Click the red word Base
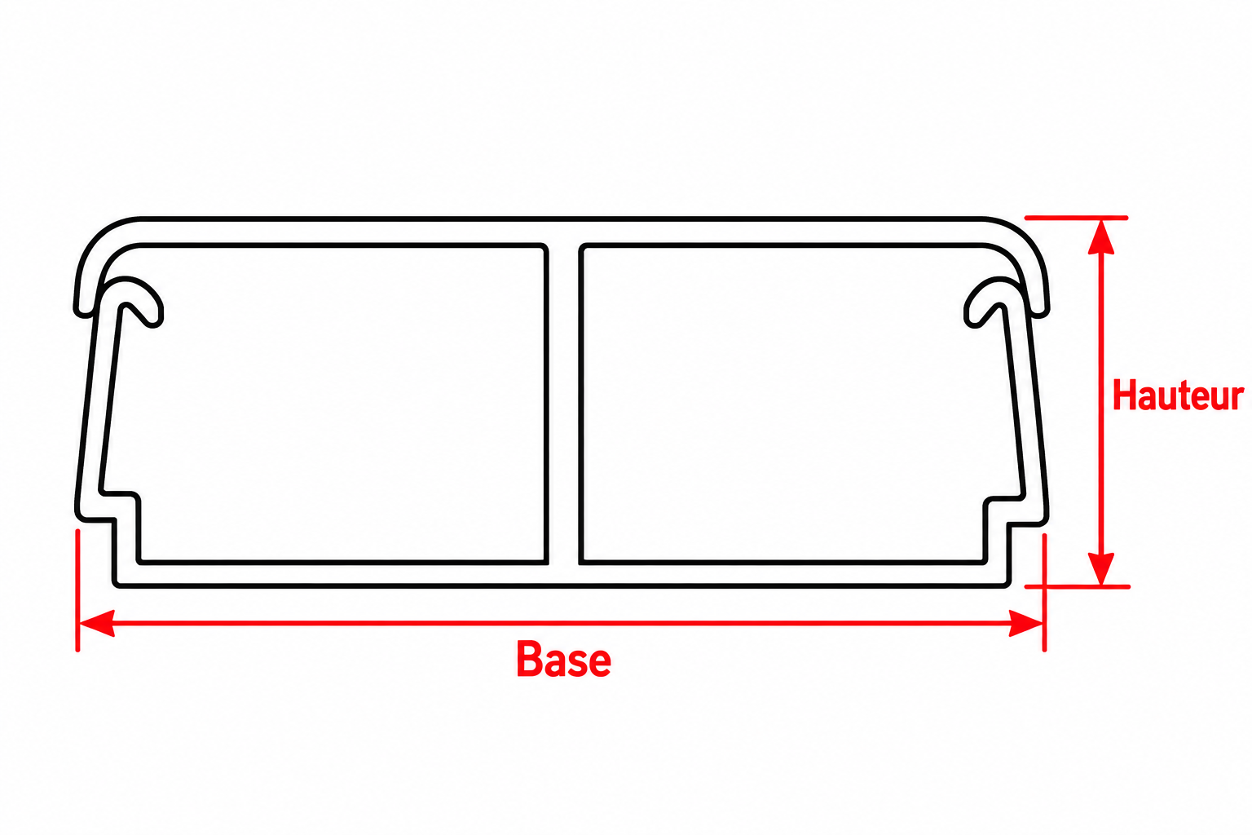click(x=563, y=660)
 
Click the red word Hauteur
click(x=1178, y=395)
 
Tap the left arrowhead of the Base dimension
click(x=97, y=623)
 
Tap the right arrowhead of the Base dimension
click(x=1025, y=623)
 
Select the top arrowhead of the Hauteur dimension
click(x=1101, y=237)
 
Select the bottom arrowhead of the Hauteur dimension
click(x=1101, y=568)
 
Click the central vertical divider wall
click(x=563, y=404)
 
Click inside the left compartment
click(x=335, y=403)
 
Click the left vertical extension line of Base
click(x=77, y=590)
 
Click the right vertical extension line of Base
click(x=1044, y=593)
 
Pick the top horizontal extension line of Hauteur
click(x=1076, y=218)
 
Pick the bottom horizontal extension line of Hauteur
click(x=1077, y=586)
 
